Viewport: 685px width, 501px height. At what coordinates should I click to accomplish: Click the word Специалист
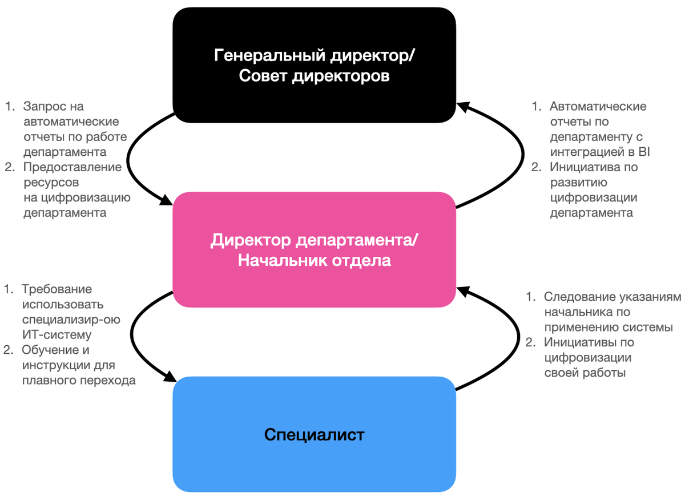click(x=314, y=435)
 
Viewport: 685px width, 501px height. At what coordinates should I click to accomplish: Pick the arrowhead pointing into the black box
click(x=464, y=107)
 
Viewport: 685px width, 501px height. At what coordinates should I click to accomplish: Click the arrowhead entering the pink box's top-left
click(x=166, y=200)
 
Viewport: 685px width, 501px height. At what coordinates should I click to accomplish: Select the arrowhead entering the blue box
click(x=169, y=377)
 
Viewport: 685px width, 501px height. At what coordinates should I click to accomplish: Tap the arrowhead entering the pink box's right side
click(x=464, y=292)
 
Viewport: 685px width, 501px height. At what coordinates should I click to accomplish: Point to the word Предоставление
click(x=72, y=167)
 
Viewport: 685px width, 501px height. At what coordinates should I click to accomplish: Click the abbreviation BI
click(x=644, y=152)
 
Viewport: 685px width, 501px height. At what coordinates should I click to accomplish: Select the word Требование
click(x=57, y=289)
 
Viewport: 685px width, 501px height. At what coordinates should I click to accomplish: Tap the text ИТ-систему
click(x=58, y=335)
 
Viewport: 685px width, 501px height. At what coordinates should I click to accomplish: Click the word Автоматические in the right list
click(x=598, y=106)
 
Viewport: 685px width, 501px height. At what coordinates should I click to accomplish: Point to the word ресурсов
click(x=51, y=183)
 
